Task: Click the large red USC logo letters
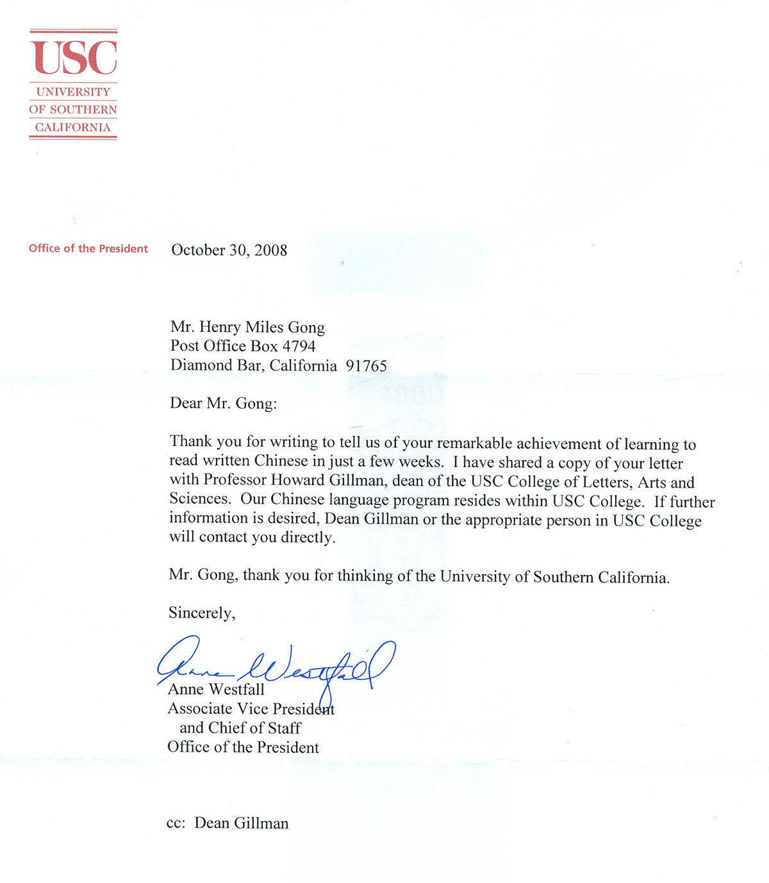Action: coord(74,58)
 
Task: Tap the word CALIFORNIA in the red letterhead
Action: coord(72,128)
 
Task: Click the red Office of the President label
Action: coord(88,249)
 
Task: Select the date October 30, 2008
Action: coord(229,251)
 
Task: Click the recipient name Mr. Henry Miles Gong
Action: coord(247,327)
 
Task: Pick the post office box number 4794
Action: coord(299,347)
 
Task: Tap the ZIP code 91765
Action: coord(366,366)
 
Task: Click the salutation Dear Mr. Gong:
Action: coord(223,404)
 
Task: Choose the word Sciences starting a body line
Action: coord(199,499)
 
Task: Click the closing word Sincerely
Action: coord(201,613)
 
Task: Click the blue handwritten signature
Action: coord(276,666)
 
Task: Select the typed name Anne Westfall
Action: coord(216,689)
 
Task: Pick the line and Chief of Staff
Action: coord(240,728)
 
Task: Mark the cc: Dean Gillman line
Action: coord(227,823)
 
